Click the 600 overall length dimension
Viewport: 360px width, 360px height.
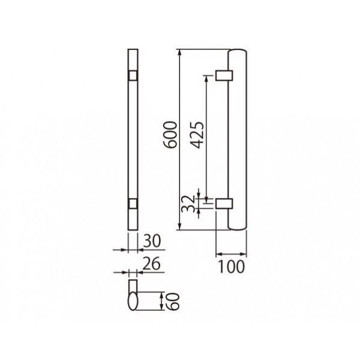point(170,134)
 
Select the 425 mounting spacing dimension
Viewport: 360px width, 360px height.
point(197,135)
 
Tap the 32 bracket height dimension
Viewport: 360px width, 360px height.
point(188,203)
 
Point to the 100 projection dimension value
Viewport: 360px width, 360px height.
point(231,267)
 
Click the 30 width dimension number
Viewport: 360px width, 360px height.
point(152,241)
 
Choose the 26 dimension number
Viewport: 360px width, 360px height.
point(151,264)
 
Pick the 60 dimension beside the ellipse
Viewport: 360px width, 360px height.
point(173,301)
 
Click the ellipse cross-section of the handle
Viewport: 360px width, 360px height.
point(132,301)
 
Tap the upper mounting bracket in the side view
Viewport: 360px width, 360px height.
point(224,75)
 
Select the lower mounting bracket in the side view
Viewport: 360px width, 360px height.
point(224,203)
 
